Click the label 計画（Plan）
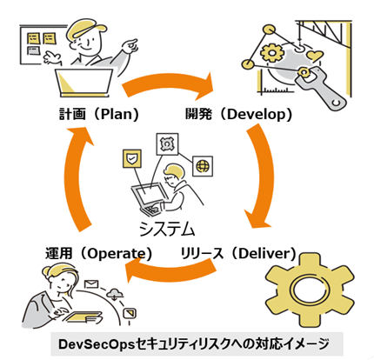pos(99,114)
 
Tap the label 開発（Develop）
pos(239,114)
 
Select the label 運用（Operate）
pos(99,253)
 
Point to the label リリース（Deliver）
pos(238,253)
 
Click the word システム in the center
pos(167,229)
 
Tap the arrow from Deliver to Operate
pos(171,272)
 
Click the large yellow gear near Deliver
pos(310,290)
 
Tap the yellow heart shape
pos(315,55)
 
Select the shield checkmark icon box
pos(132,158)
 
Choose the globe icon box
pos(203,166)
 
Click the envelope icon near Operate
pos(91,284)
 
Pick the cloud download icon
pos(115,294)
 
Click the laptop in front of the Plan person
pos(84,83)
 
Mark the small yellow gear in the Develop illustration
pos(272,52)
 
